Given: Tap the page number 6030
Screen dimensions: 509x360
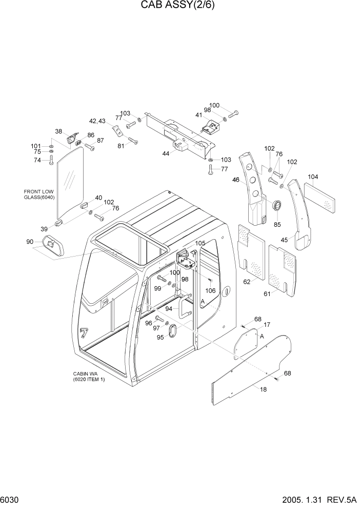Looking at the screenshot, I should (11, 499).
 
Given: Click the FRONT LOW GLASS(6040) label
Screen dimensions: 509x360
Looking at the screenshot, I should (38, 194).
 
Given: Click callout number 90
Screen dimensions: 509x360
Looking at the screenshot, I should (29, 242).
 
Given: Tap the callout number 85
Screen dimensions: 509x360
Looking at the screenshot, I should (277, 224).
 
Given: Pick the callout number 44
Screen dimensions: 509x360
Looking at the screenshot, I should (166, 153).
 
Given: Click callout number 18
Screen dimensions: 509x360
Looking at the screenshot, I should (263, 389).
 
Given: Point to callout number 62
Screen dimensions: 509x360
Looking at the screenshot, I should (247, 281).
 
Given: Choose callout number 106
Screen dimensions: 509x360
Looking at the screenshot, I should (210, 290).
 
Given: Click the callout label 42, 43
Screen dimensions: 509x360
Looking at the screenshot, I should (97, 121).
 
